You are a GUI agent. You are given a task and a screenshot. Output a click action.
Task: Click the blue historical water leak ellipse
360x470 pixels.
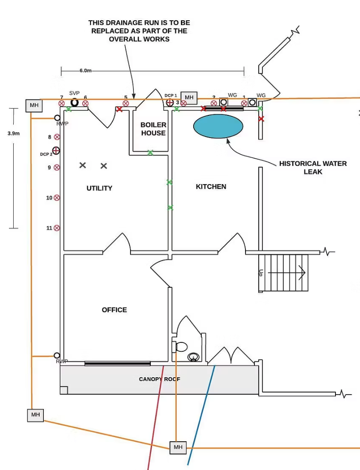(218, 126)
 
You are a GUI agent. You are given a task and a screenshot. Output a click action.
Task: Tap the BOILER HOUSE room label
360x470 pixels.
(153, 129)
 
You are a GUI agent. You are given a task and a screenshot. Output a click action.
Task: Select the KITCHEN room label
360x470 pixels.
(211, 186)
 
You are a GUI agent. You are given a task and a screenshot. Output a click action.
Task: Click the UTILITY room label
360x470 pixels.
(99, 188)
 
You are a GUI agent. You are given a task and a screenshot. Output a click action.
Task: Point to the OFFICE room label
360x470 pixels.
(115, 310)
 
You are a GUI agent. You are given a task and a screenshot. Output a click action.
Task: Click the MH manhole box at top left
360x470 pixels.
(34, 105)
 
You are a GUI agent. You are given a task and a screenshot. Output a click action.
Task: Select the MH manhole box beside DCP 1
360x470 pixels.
(189, 97)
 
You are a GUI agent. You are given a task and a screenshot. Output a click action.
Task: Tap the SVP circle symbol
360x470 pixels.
(74, 102)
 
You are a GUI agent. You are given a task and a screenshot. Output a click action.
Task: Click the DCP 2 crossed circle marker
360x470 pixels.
(56, 151)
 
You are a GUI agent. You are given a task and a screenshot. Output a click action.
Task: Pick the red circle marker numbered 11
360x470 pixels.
(57, 228)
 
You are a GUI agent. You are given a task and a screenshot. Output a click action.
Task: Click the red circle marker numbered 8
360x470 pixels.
(57, 137)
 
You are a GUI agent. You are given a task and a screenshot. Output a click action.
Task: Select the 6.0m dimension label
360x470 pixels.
(85, 71)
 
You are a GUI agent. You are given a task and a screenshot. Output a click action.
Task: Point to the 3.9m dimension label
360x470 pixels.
(14, 133)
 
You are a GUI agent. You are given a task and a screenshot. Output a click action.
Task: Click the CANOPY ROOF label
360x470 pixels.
(159, 379)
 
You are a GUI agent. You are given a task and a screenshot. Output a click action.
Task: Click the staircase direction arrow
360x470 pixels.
(300, 272)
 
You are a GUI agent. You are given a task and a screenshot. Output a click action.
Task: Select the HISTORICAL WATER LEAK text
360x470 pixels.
(313, 168)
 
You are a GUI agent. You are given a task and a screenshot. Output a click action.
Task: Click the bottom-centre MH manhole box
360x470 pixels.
(178, 447)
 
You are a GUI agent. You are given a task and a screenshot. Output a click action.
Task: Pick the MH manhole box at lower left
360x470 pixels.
(35, 415)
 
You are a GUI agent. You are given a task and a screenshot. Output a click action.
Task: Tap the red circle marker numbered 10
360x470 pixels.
(57, 198)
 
